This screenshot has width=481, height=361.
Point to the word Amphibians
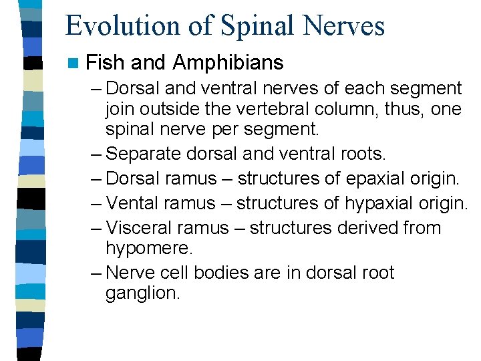(228, 63)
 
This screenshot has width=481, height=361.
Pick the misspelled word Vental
(132, 203)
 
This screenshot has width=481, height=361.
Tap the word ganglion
(143, 293)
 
